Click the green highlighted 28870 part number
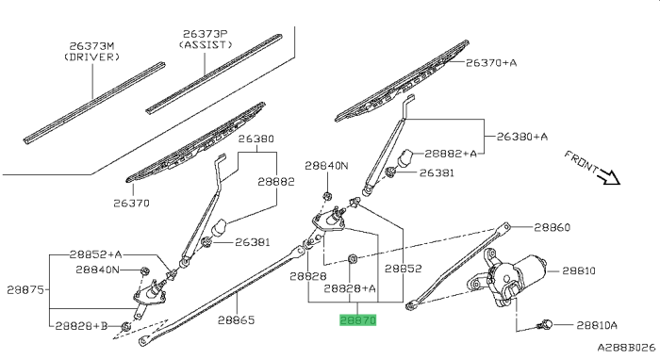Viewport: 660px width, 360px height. click(x=358, y=320)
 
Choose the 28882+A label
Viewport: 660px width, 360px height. click(x=454, y=153)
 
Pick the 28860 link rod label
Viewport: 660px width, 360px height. click(x=552, y=227)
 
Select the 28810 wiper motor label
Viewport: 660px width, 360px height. click(x=579, y=270)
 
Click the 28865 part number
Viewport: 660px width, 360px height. click(x=237, y=320)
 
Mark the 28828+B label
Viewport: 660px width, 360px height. click(x=82, y=325)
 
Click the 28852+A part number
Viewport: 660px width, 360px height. click(x=96, y=254)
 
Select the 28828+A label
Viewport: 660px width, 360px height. click(x=350, y=288)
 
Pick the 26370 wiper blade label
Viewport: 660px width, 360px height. click(x=133, y=202)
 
